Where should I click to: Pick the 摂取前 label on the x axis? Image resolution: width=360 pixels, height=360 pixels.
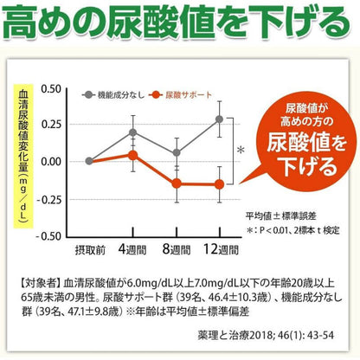tap(89, 249)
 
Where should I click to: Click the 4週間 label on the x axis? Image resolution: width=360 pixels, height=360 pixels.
tap(132, 249)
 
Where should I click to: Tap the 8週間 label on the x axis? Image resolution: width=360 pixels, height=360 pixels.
tap(177, 249)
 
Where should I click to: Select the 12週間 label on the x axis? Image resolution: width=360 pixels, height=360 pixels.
tap(220, 249)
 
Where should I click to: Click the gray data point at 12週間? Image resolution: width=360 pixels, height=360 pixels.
tap(220, 119)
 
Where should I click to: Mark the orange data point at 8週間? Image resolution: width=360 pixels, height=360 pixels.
tap(177, 183)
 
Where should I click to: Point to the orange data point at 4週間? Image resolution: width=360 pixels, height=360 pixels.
tap(132, 155)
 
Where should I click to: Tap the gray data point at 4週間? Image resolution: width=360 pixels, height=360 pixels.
tap(132, 132)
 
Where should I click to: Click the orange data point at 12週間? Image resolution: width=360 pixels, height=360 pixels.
tap(220, 183)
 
